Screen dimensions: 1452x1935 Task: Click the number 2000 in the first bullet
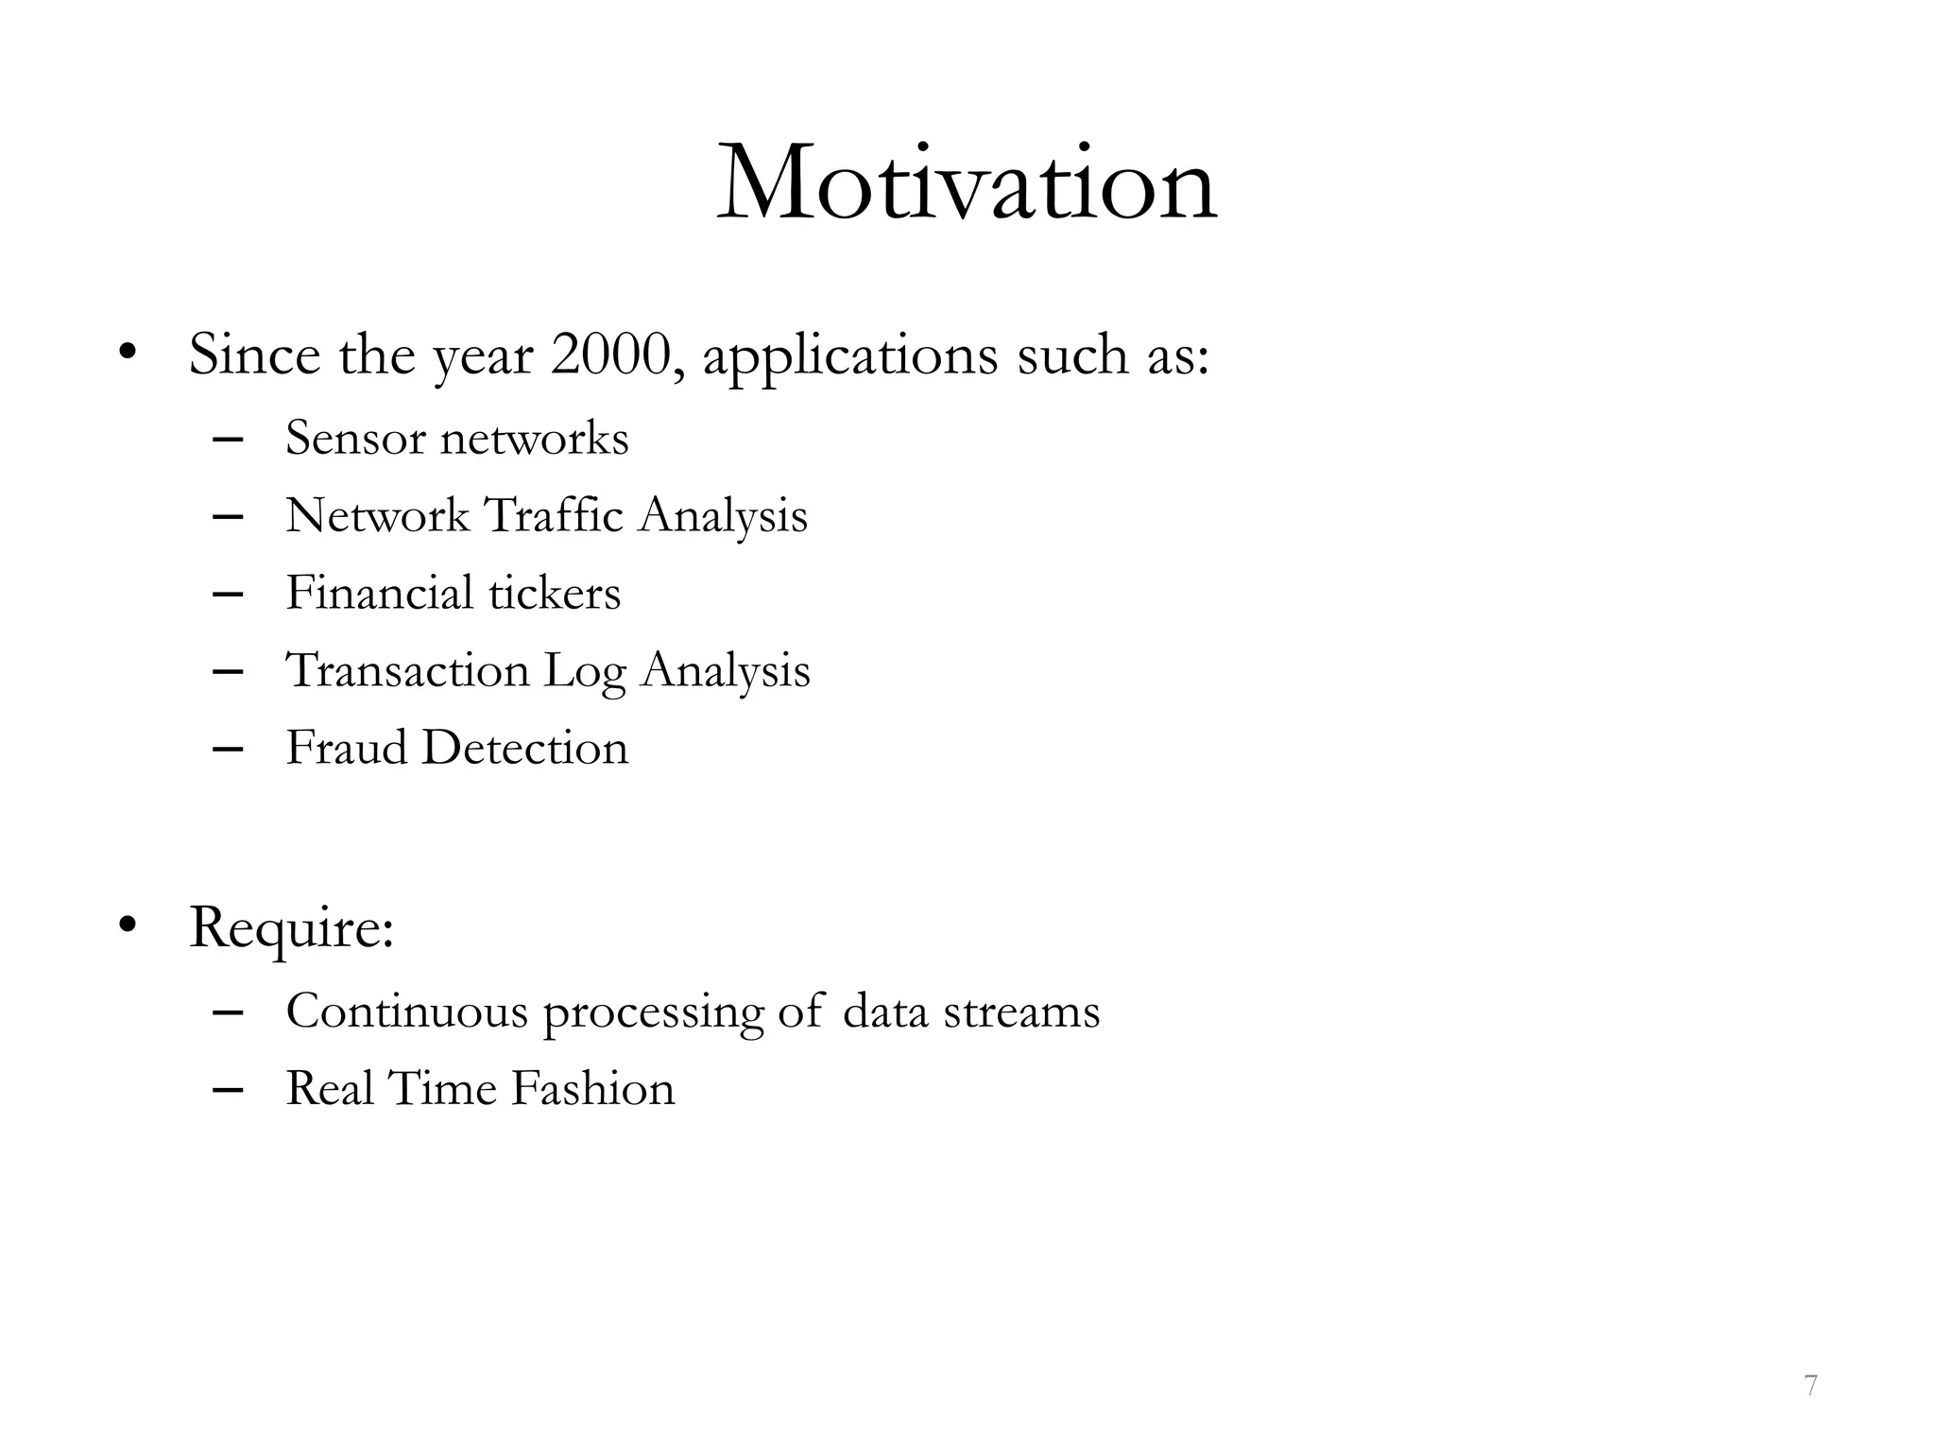click(x=611, y=355)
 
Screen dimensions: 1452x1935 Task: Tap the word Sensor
click(x=355, y=439)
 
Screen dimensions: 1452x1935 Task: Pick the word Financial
click(x=379, y=594)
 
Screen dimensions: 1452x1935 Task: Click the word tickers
click(x=555, y=594)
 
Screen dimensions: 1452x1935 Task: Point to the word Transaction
click(x=407, y=671)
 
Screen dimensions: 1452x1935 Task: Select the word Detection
click(x=524, y=749)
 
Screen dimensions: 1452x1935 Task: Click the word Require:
click(x=291, y=928)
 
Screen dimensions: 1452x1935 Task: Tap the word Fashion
click(x=592, y=1089)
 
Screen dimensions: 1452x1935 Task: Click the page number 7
click(x=1810, y=1386)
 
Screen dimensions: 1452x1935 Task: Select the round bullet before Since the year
click(x=128, y=354)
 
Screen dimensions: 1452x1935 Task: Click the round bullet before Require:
click(x=128, y=925)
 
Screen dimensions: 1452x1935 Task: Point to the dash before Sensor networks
click(x=229, y=440)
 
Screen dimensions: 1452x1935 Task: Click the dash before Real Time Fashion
click(x=229, y=1090)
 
